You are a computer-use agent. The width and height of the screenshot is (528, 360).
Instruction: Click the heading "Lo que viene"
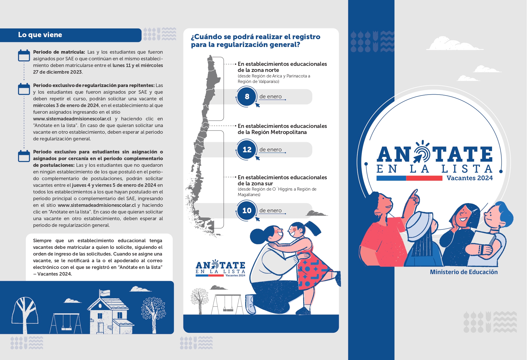(40, 35)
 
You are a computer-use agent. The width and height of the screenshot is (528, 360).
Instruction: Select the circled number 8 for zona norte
(247, 97)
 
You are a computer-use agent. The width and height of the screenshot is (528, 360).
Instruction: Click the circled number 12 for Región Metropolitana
(247, 150)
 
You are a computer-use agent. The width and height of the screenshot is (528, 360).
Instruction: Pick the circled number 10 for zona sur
(247, 211)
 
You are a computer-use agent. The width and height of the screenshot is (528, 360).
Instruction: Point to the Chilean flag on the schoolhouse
(105, 293)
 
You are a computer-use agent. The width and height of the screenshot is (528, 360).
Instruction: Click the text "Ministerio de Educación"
(464, 272)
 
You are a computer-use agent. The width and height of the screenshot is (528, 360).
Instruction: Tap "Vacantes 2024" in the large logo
(470, 178)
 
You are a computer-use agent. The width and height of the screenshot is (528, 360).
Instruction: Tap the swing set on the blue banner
(66, 323)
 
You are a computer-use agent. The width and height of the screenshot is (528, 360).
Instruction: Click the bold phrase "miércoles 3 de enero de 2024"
(66, 106)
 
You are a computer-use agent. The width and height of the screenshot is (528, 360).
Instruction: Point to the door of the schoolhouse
(100, 328)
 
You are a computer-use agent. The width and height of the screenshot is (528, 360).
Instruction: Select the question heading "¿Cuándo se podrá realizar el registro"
(256, 37)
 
